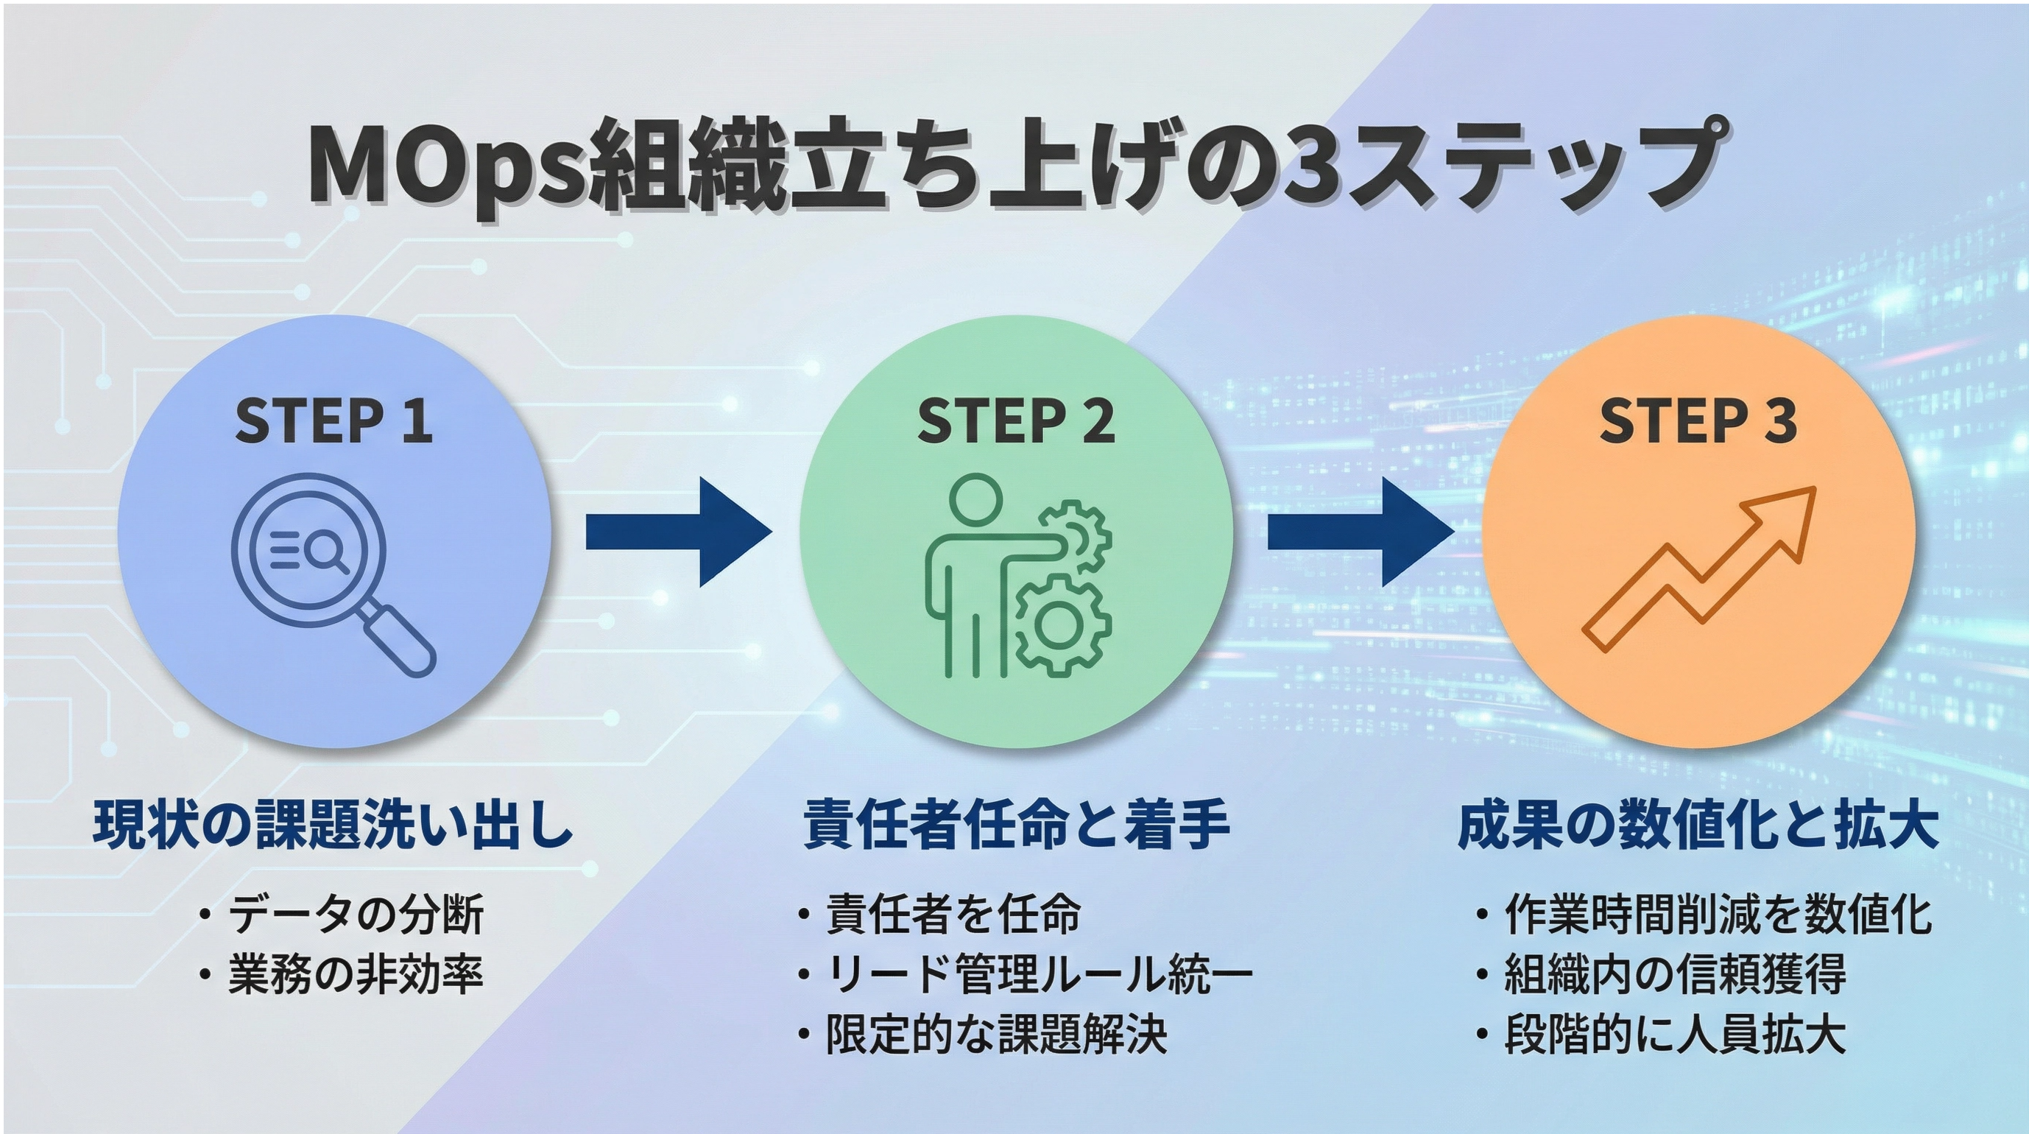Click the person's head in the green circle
(977, 499)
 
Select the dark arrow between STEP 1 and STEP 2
(678, 531)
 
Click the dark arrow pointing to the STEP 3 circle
(1361, 531)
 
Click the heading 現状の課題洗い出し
(334, 825)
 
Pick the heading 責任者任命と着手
(1016, 825)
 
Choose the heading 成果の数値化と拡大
(1698, 825)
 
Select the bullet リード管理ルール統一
(1038, 974)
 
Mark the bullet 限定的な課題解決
(995, 1035)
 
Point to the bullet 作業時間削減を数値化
(1718, 915)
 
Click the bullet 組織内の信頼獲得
(1675, 974)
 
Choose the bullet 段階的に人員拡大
(1675, 1035)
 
